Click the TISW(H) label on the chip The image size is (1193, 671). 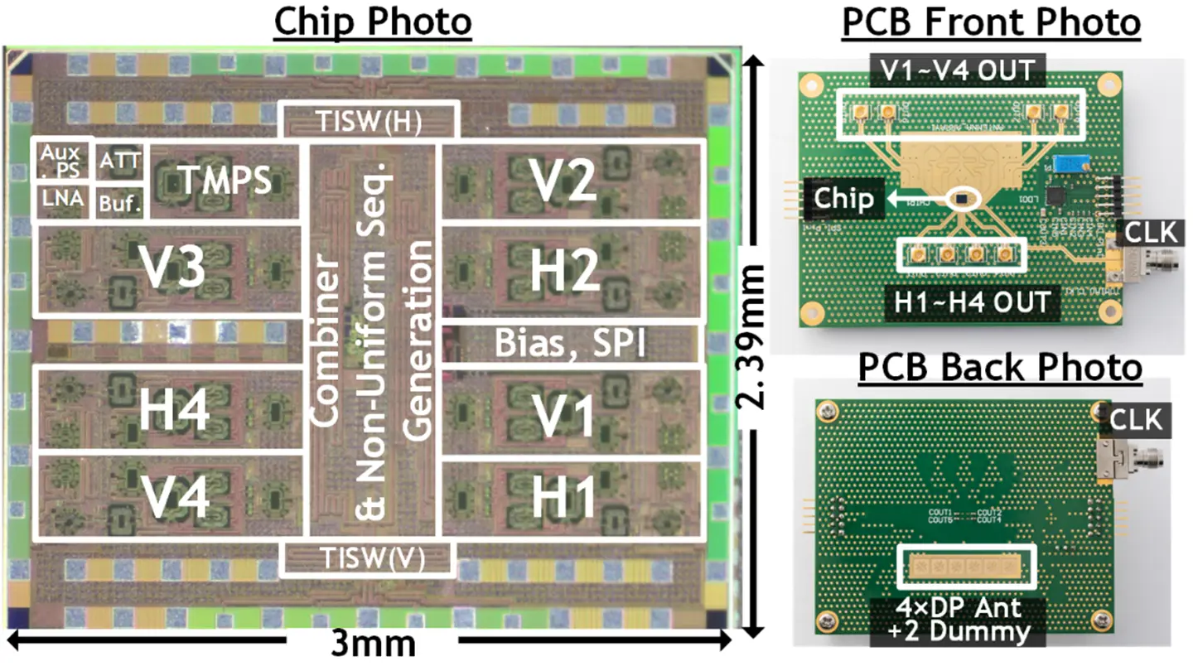(369, 123)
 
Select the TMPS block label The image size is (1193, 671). (226, 181)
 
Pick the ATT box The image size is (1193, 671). (120, 162)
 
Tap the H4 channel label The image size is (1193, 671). (171, 412)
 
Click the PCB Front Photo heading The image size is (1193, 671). (991, 24)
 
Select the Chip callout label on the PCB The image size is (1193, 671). (843, 199)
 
